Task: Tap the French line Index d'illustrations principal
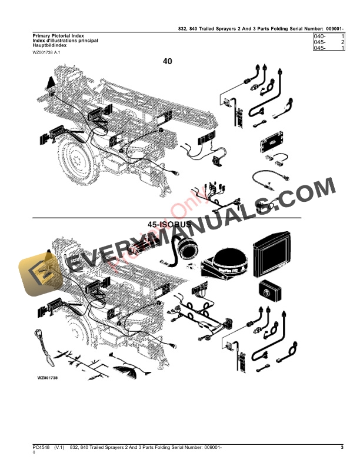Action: coord(65,41)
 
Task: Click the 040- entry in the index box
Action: coord(321,37)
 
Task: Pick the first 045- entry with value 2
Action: coord(321,43)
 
